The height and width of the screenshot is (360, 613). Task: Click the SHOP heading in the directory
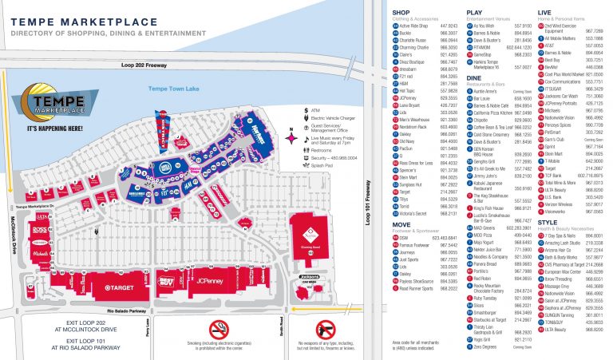click(401, 14)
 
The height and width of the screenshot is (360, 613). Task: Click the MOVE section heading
click(401, 225)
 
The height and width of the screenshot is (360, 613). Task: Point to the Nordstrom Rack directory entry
click(416, 125)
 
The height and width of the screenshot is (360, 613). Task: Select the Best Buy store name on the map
click(166, 282)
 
